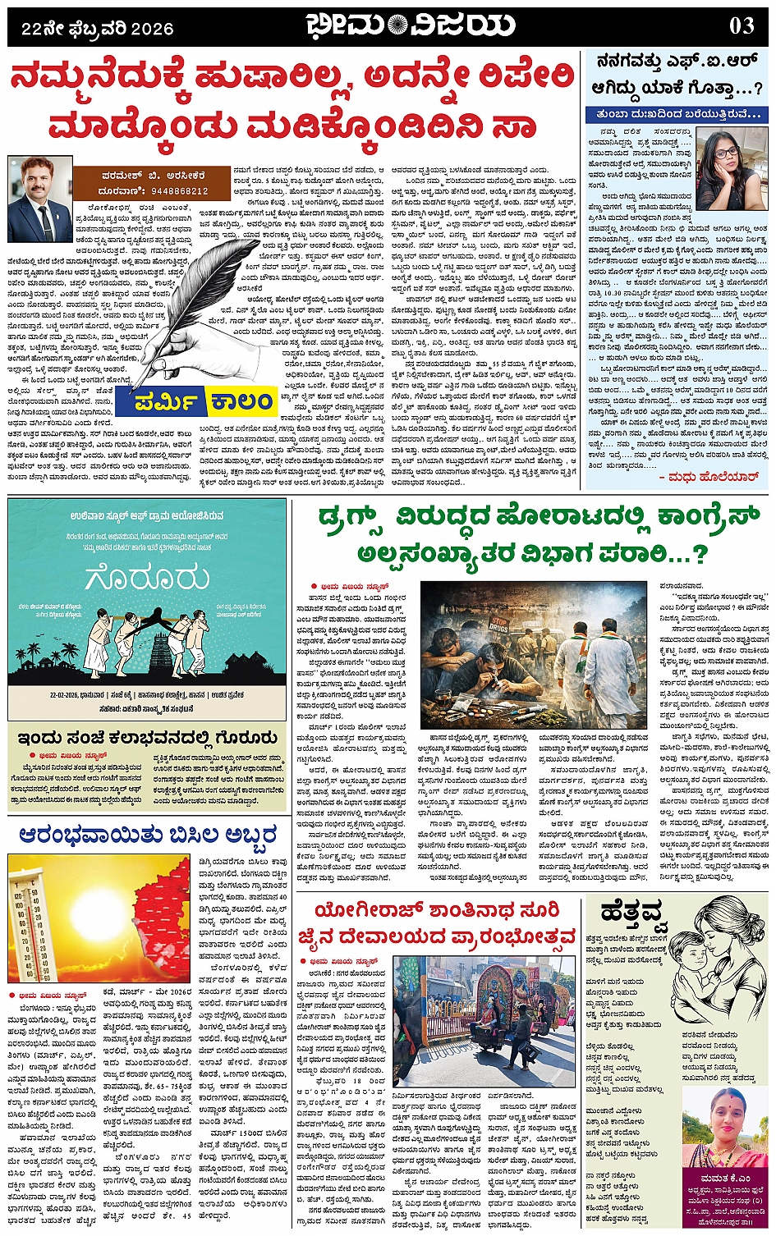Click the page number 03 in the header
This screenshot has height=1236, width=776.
pos(741,25)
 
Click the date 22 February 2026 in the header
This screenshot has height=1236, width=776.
pos(98,29)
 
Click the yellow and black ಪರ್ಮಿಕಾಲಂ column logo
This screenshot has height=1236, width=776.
pos(195,401)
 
